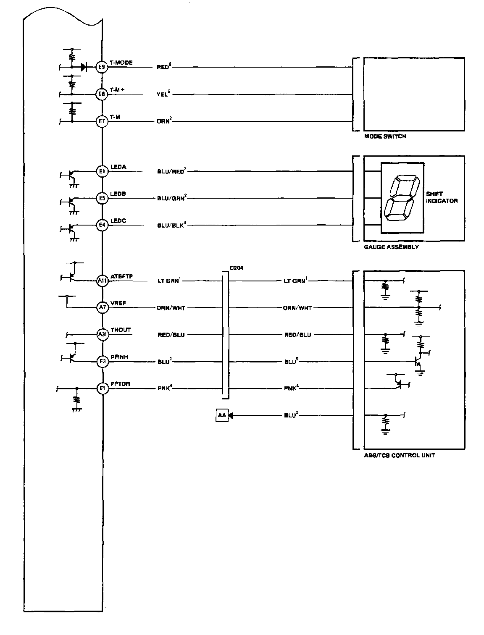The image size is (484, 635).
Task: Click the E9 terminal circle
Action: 102,67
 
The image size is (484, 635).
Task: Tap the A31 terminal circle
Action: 102,335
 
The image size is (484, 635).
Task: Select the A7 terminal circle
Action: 102,308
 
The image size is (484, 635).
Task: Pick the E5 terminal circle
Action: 102,198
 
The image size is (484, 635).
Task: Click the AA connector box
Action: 222,416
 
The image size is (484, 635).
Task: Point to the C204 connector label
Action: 236,268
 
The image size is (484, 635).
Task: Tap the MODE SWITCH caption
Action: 385,136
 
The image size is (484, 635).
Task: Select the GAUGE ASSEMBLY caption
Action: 391,247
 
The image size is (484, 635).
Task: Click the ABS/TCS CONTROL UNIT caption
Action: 399,455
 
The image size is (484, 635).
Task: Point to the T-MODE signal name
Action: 121,63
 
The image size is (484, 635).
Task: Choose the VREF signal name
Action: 118,303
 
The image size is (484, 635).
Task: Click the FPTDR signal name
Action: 120,384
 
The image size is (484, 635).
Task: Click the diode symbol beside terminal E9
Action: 85,67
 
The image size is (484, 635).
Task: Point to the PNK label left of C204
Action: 164,388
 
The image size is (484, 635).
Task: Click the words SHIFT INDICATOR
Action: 441,198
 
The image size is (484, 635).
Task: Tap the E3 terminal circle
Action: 102,362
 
